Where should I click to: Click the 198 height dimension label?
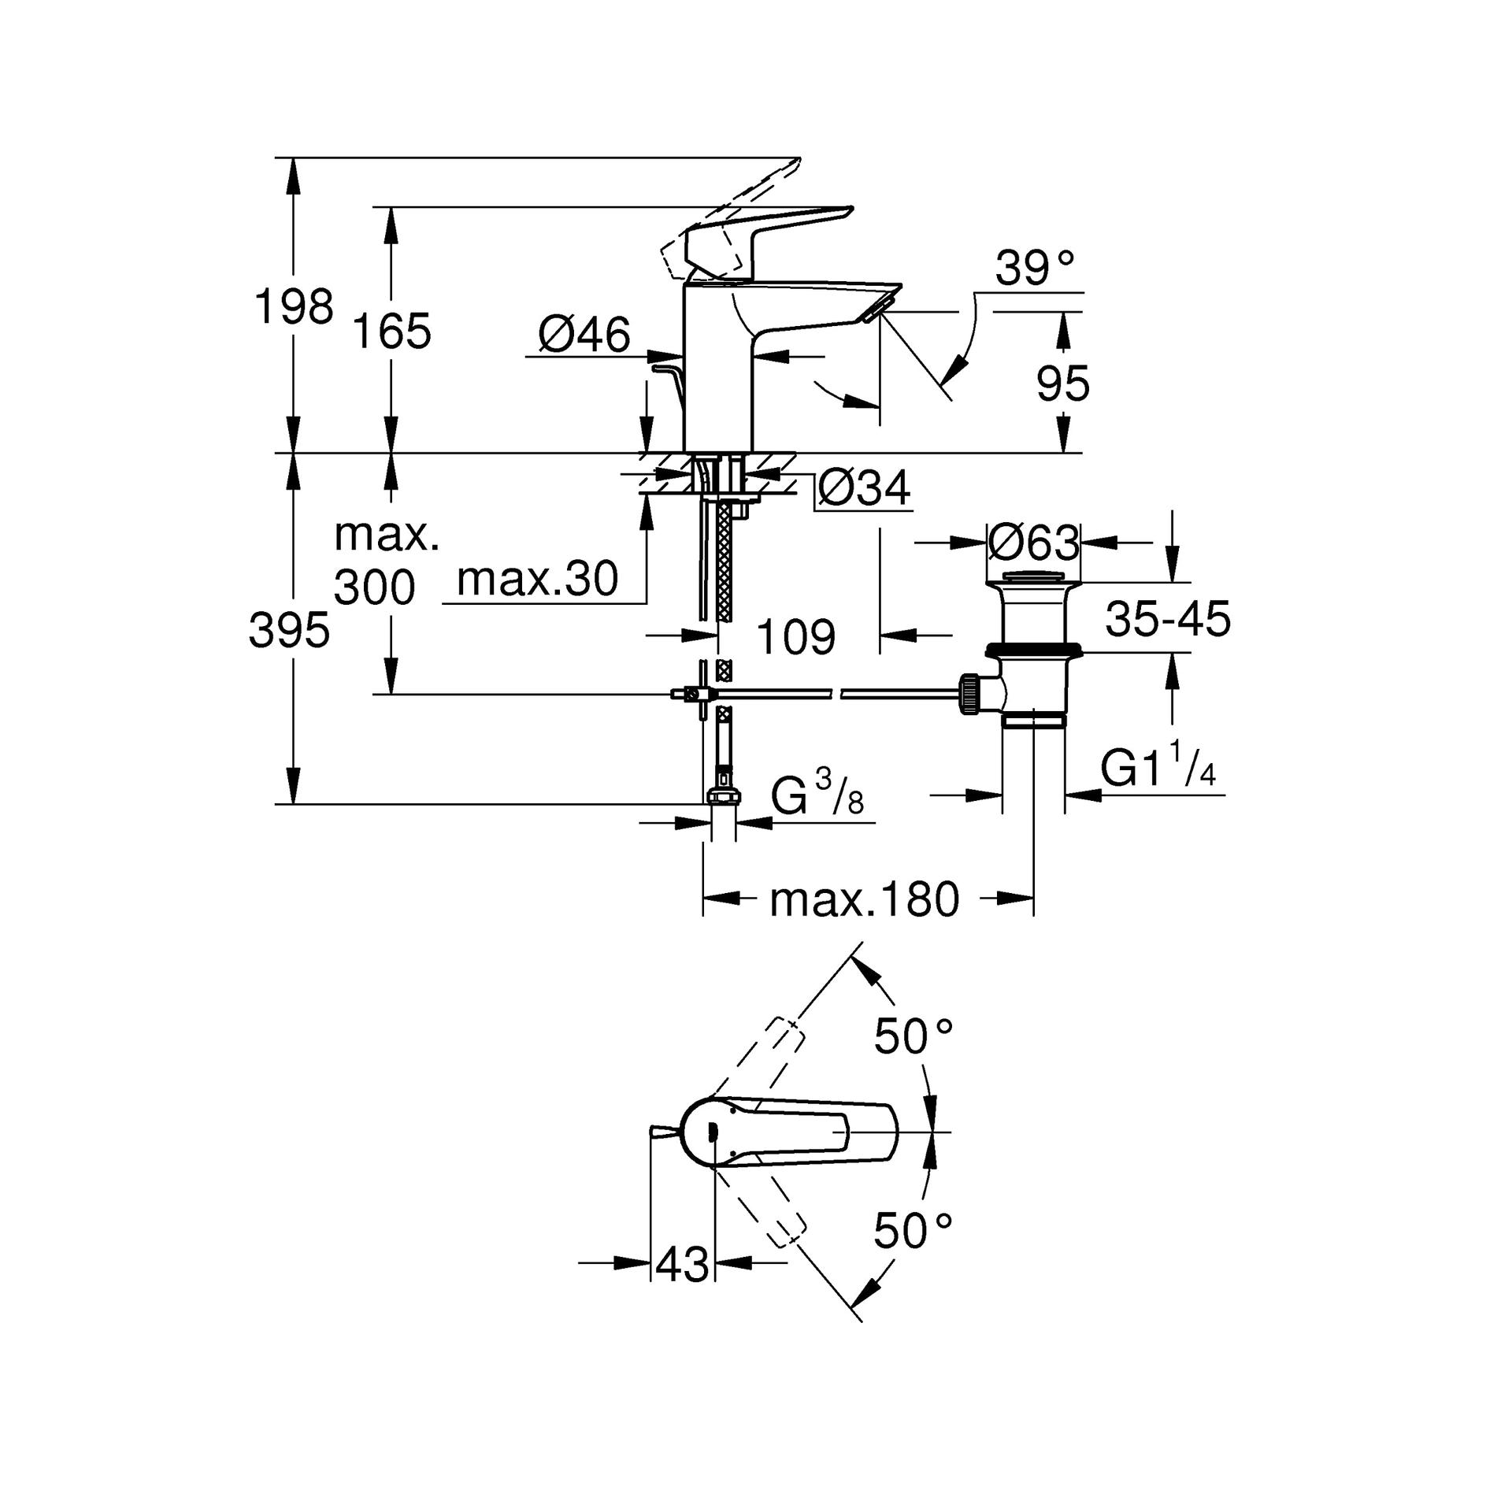pos(294,306)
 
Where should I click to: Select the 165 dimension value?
pos(391,331)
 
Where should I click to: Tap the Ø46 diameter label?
pos(584,335)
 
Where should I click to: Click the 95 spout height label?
pos(1063,384)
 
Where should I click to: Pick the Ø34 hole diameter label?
pos(865,488)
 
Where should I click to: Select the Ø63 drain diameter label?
pos(1033,543)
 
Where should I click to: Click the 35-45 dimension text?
pos(1168,619)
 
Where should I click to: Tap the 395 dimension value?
pos(289,631)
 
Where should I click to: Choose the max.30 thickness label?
pos(538,580)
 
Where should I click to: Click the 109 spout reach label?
pos(795,636)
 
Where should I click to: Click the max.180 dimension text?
pos(865,900)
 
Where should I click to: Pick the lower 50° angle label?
pos(913,1232)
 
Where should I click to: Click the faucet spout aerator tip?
pos(877,310)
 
